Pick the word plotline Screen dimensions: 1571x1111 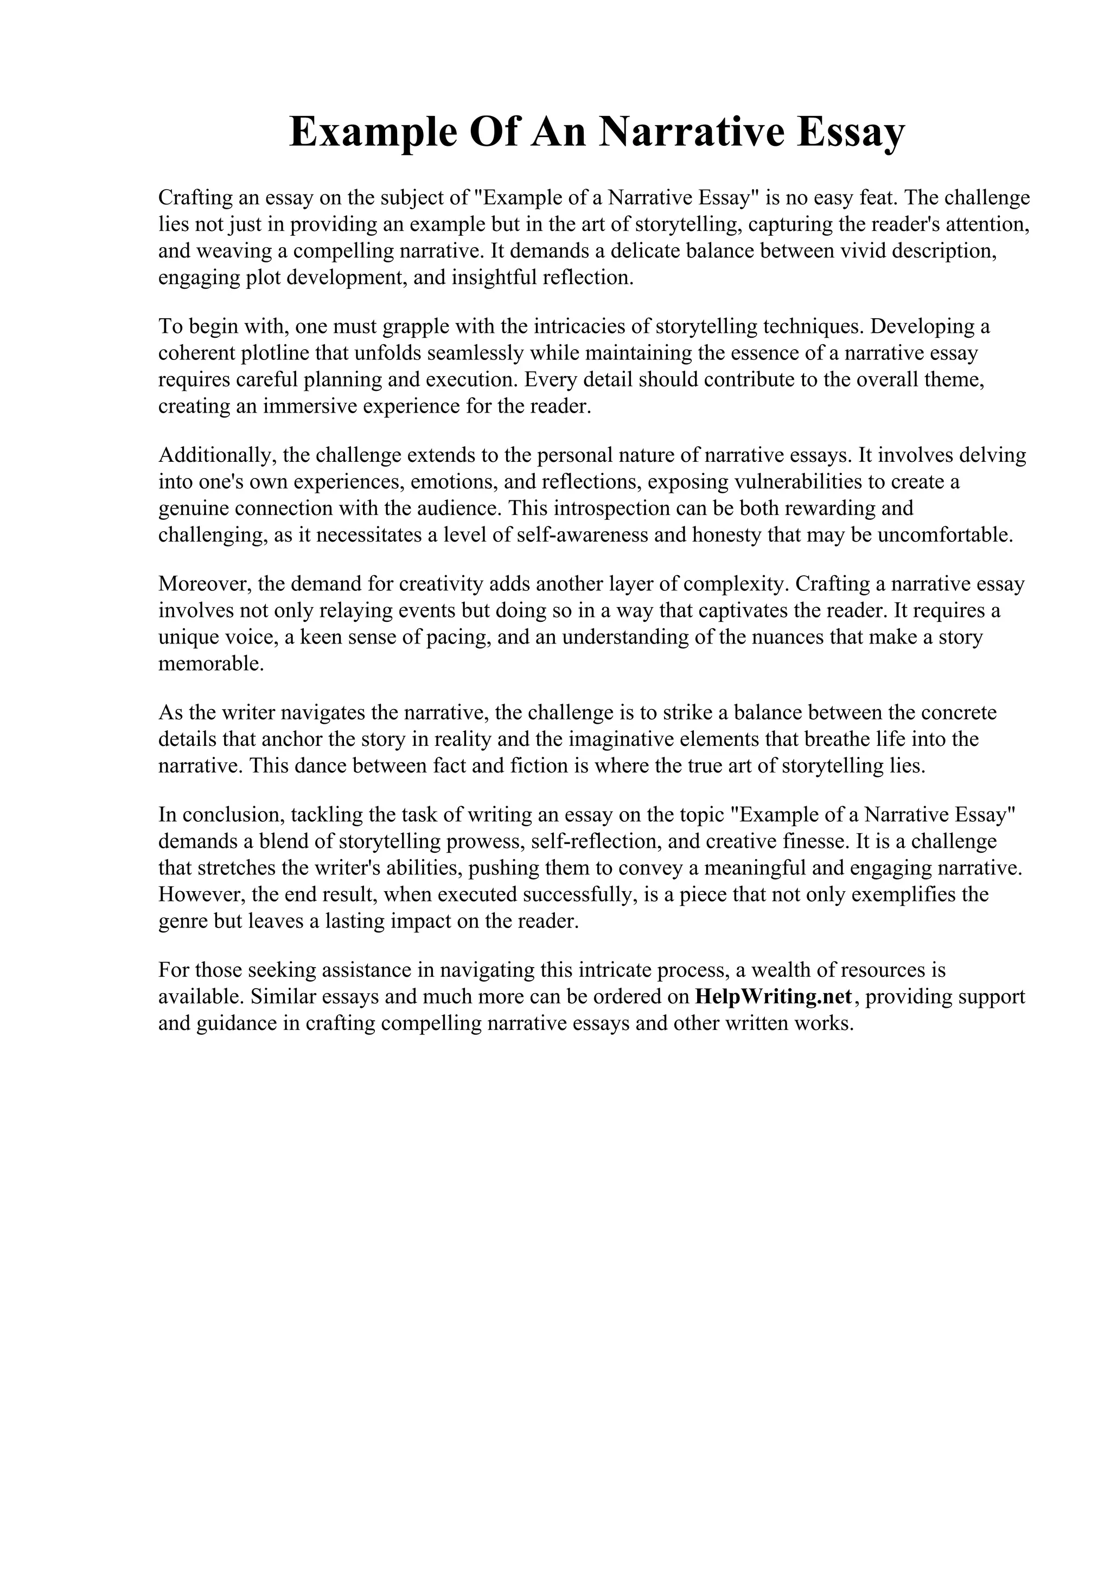click(274, 353)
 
